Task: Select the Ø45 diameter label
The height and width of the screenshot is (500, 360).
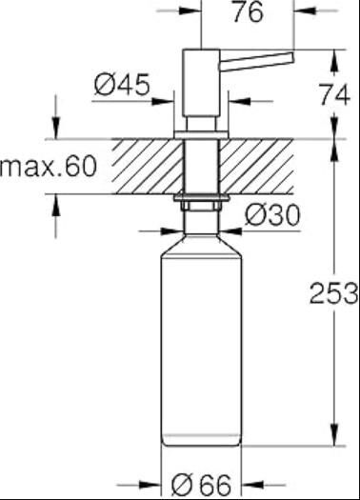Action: [123, 86]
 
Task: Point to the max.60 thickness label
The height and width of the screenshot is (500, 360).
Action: [49, 168]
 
